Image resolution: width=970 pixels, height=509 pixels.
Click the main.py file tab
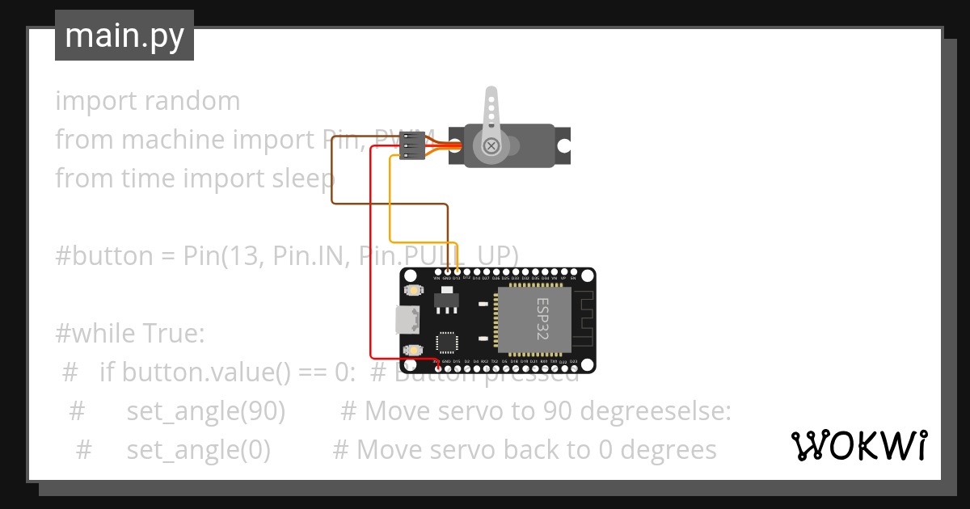(x=124, y=36)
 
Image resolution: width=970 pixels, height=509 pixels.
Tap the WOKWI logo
(x=858, y=445)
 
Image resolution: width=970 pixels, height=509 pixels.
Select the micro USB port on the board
(x=407, y=320)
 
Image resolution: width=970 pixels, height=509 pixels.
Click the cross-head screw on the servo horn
(x=491, y=145)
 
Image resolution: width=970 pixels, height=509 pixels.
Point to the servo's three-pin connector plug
(x=412, y=145)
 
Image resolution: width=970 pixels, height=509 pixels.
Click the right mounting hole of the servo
(x=563, y=146)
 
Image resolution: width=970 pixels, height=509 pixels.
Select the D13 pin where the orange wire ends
(x=458, y=271)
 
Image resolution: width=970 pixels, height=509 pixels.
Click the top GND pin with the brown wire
(x=447, y=271)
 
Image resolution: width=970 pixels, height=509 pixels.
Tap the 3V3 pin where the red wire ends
(x=437, y=369)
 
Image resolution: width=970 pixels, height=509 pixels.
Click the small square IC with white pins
(x=445, y=342)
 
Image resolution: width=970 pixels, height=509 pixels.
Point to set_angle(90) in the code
(x=205, y=411)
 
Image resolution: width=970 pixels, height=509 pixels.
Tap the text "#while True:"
(x=129, y=332)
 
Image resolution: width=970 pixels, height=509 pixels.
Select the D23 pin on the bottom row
(x=573, y=369)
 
